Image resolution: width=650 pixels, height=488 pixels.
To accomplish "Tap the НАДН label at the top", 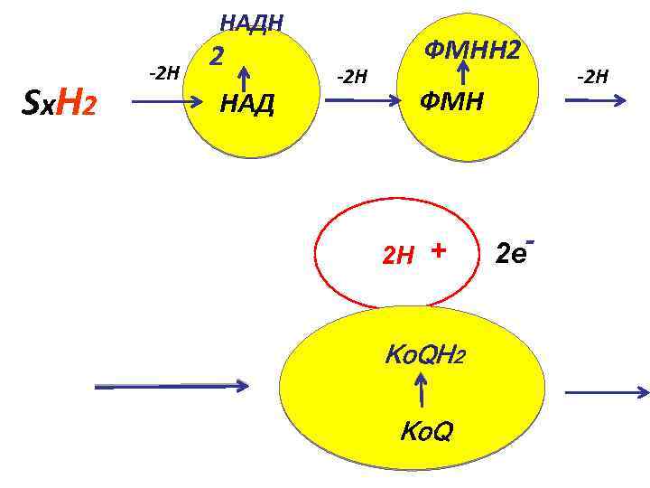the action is [x=252, y=22].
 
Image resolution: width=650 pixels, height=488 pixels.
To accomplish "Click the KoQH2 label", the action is [x=424, y=354].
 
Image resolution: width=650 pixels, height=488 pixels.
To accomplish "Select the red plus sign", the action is [x=439, y=249].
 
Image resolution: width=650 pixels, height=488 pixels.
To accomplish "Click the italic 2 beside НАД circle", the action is [x=217, y=57].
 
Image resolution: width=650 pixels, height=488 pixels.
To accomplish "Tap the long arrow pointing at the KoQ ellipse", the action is [x=172, y=387].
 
